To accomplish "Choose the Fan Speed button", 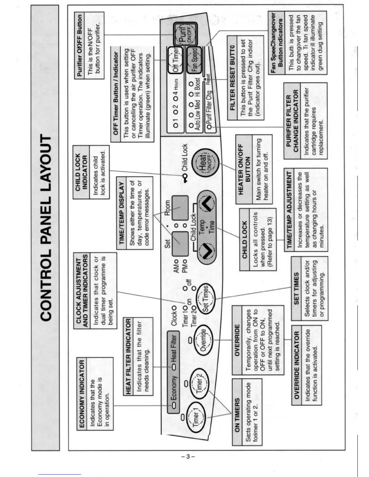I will click(x=194, y=59).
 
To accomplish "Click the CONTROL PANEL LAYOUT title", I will click(x=46, y=228).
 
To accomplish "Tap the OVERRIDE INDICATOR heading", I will click(x=297, y=365).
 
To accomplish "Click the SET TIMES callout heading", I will click(x=296, y=288).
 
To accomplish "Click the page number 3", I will click(x=188, y=457).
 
